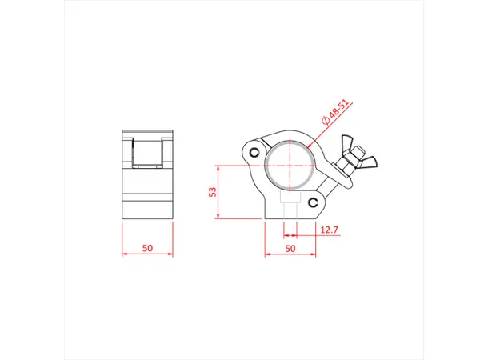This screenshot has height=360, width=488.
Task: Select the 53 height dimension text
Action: pyautogui.click(x=214, y=192)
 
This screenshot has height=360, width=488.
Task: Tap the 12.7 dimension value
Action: pyautogui.click(x=329, y=230)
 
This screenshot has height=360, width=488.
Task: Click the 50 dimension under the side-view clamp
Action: pyautogui.click(x=289, y=248)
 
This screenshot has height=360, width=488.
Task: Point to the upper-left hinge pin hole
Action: pyautogui.click(x=254, y=152)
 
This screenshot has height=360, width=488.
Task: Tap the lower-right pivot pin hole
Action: pyautogui.click(x=322, y=201)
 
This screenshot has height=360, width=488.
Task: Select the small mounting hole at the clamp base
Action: pyautogui.click(x=289, y=206)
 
